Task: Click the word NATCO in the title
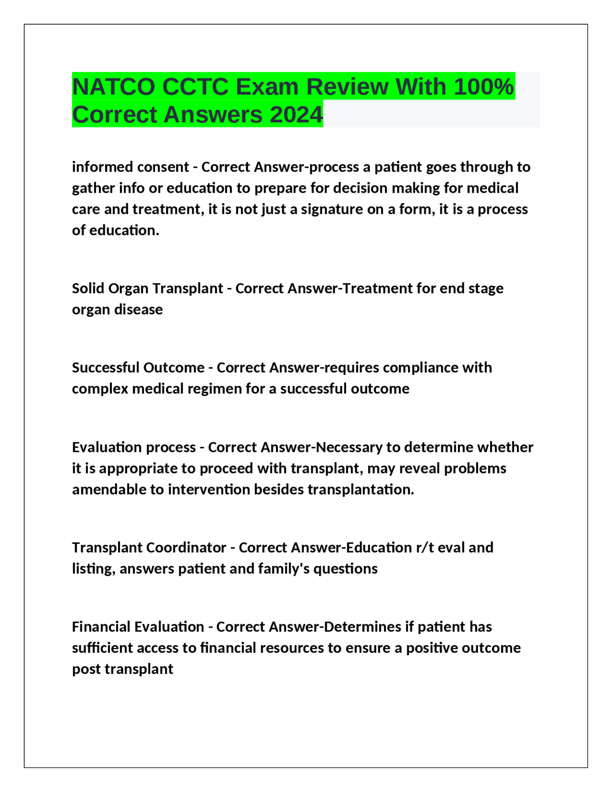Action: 114,87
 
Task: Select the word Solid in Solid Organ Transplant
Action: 88,288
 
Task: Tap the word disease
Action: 139,309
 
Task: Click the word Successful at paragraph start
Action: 105,368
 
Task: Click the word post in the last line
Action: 87,669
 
